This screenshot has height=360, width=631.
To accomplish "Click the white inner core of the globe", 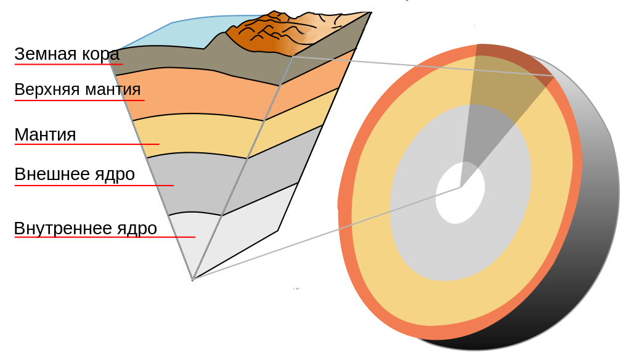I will pyautogui.click(x=460, y=193).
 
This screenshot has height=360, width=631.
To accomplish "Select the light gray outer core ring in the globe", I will pyautogui.click(x=425, y=234).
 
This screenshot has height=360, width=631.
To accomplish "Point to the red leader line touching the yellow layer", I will pyautogui.click(x=80, y=144).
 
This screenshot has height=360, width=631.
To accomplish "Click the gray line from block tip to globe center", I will pyautogui.click(x=327, y=233).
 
